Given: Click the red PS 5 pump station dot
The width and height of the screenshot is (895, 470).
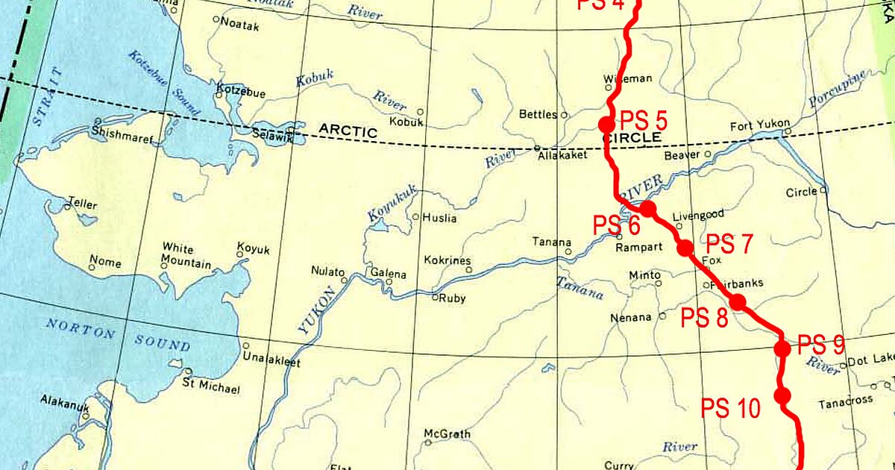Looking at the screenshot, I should [x=606, y=124].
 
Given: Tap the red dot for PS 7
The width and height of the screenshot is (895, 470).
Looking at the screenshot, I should [x=685, y=248].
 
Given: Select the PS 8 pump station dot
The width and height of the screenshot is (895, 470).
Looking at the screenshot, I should [x=737, y=302].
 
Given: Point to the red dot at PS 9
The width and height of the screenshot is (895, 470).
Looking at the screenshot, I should [x=782, y=348].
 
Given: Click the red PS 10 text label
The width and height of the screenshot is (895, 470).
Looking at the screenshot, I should [x=730, y=408].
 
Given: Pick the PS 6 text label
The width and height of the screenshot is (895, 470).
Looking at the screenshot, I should [x=616, y=225].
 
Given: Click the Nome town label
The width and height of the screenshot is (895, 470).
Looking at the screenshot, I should [x=104, y=263].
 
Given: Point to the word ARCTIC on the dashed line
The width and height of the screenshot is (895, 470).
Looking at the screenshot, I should [x=348, y=130].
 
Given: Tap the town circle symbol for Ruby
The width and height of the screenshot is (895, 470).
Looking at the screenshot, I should [x=436, y=298].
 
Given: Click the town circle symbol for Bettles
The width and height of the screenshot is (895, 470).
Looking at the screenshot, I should [x=565, y=115].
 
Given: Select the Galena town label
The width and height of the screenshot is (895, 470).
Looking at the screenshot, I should [x=388, y=274].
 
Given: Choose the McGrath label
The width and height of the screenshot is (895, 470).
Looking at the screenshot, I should [x=446, y=433].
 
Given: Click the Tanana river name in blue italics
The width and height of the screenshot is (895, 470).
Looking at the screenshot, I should [x=580, y=287].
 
